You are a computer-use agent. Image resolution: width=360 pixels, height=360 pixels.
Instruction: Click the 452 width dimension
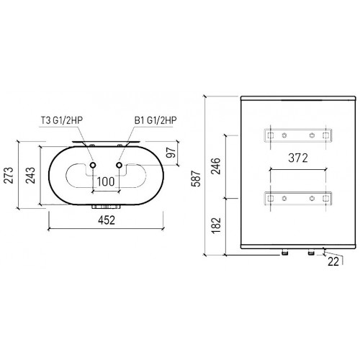pyautogui.click(x=106, y=222)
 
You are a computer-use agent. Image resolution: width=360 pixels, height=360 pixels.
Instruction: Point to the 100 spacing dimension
pyautogui.click(x=105, y=181)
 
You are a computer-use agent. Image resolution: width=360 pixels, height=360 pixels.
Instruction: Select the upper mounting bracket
pyautogui.click(x=298, y=135)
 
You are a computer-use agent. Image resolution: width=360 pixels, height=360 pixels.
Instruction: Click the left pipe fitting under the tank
pyautogui.click(x=287, y=253)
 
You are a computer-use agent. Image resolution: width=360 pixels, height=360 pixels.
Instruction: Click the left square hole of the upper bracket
pyautogui.click(x=270, y=135)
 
